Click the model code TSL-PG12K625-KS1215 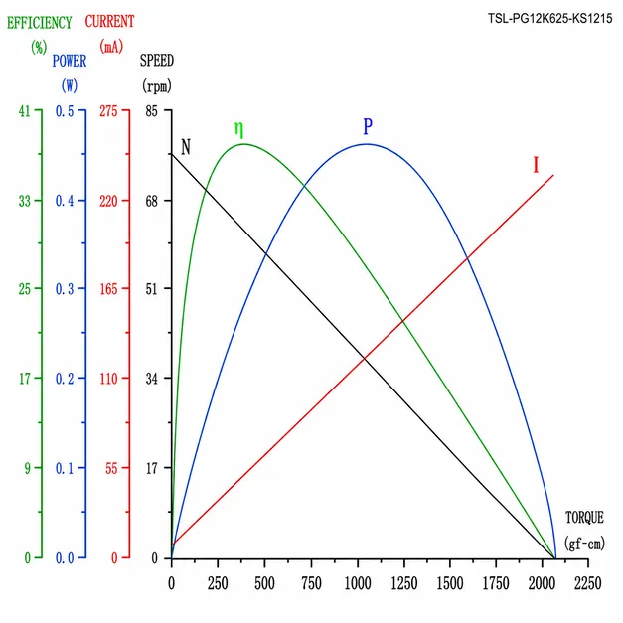click(x=549, y=18)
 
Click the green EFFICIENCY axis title click(x=39, y=23)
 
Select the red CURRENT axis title click(x=109, y=22)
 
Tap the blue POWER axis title click(x=70, y=61)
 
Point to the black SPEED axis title click(x=157, y=61)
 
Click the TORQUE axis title click(x=584, y=518)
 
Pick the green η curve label click(x=238, y=129)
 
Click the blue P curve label click(x=368, y=126)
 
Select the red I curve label click(x=536, y=165)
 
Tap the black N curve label click(x=186, y=147)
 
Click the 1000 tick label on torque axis click(x=357, y=583)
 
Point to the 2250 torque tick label click(x=587, y=583)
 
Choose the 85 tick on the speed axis click(x=151, y=111)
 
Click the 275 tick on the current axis click(x=108, y=111)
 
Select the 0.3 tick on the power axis click(x=65, y=289)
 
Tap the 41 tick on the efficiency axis click(x=24, y=111)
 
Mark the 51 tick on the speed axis click(x=151, y=289)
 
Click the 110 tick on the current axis click(x=108, y=379)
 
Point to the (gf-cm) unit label click(x=584, y=544)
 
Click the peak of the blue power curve click(x=368, y=144)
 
